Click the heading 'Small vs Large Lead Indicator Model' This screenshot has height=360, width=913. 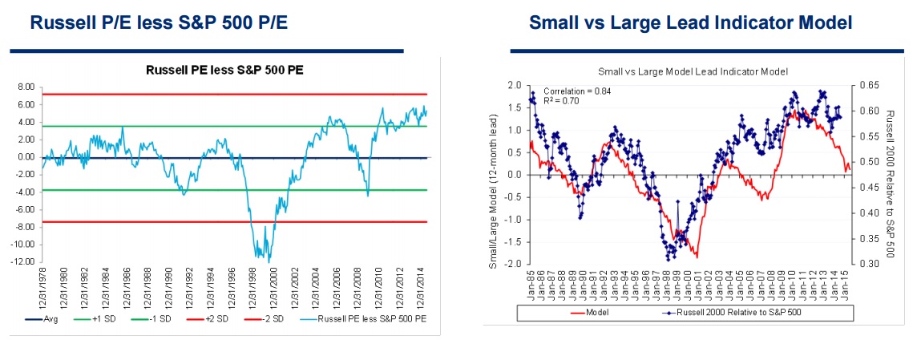[690, 22]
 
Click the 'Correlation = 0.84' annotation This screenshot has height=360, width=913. [577, 91]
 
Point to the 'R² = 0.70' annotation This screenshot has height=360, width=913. [564, 101]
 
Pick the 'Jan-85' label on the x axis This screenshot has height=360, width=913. [531, 285]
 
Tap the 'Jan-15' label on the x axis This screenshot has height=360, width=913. [848, 285]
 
